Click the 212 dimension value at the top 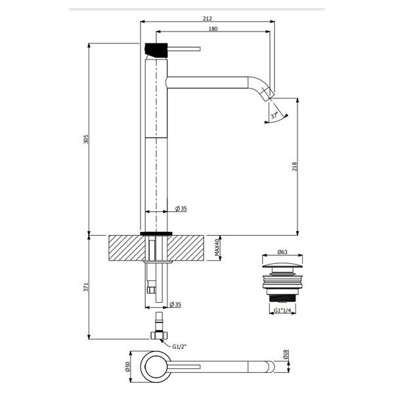pyautogui.click(x=208, y=18)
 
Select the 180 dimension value pyautogui.click(x=213, y=29)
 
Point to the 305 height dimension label pyautogui.click(x=86, y=139)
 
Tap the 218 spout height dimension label pyautogui.click(x=294, y=167)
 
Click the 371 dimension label pyautogui.click(x=86, y=287)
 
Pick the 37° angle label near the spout pyautogui.click(x=274, y=116)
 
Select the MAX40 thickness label pyautogui.click(x=217, y=248)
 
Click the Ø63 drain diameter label pyautogui.click(x=282, y=252)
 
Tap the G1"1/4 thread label pyautogui.click(x=282, y=311)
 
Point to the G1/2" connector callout pyautogui.click(x=179, y=347)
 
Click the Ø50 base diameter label pyautogui.click(x=127, y=366)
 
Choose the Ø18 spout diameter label pyautogui.click(x=286, y=354)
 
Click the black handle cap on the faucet pyautogui.click(x=156, y=50)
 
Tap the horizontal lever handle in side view pyautogui.click(x=184, y=49)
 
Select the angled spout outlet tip pyautogui.click(x=268, y=94)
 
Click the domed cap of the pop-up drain pyautogui.click(x=282, y=266)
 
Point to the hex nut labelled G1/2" pyautogui.click(x=159, y=335)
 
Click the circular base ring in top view pyautogui.click(x=156, y=366)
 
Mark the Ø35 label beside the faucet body pyautogui.click(x=181, y=209)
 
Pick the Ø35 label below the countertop pyautogui.click(x=175, y=304)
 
